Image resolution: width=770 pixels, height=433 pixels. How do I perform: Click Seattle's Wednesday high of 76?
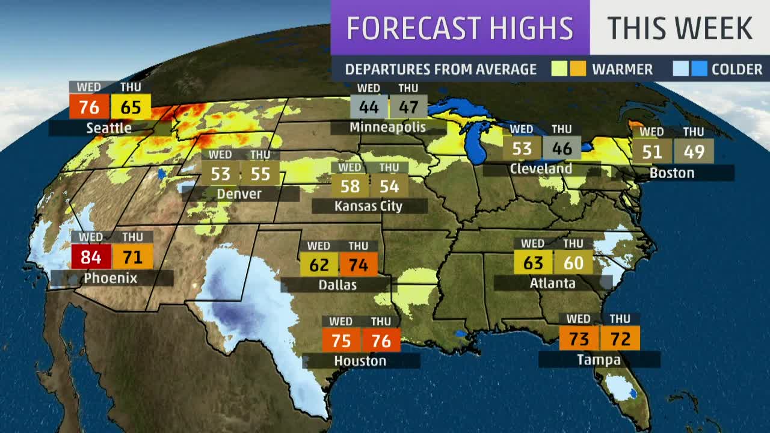point(89,107)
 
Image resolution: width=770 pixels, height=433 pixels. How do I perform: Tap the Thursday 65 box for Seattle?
point(131,107)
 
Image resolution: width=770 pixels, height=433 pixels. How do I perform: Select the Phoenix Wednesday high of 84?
point(91,257)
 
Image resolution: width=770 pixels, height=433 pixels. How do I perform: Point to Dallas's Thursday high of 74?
point(359,265)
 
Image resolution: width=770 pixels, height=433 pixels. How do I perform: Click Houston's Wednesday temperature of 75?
point(341,340)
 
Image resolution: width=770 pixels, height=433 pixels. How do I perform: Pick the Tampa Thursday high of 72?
point(620,339)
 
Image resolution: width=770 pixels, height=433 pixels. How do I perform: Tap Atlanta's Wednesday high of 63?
point(533,263)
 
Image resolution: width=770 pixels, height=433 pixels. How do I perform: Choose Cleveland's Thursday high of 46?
point(562,148)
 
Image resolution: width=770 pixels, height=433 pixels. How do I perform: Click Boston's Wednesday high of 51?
point(651,151)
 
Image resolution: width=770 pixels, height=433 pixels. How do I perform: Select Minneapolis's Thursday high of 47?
point(408,108)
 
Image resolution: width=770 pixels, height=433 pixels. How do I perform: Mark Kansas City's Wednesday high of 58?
point(350,186)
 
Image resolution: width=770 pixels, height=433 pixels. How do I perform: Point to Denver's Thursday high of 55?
point(260,174)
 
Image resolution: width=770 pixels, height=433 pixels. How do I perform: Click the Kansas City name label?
point(368,206)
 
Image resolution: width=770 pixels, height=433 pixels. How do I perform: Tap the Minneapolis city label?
point(387,127)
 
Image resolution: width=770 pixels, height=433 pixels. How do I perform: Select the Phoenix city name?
point(111,278)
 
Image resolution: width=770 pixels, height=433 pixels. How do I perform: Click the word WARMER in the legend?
point(622,69)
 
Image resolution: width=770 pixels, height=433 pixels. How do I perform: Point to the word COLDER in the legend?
point(737,69)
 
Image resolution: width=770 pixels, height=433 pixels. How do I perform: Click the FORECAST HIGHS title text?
point(460,28)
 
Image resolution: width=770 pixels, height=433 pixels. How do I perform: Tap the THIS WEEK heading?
point(680,28)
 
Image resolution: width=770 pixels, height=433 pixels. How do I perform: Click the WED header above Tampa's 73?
point(578,319)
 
